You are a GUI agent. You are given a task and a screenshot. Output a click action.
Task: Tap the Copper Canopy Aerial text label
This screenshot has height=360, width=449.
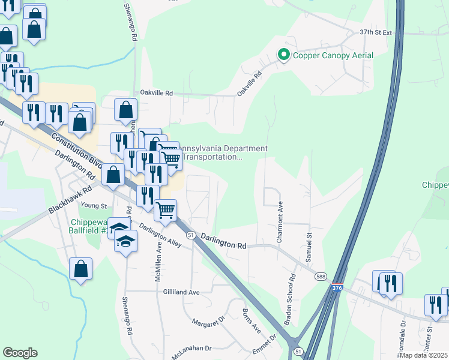tap(333, 55)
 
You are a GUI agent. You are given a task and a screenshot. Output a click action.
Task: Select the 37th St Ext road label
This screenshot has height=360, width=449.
tap(375, 32)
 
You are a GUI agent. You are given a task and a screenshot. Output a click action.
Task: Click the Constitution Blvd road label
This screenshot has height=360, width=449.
tap(76, 149)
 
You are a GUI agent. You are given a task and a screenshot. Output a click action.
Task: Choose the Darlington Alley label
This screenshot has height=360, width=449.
tap(160, 236)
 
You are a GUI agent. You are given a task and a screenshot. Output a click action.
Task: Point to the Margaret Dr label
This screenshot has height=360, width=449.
tap(208, 323)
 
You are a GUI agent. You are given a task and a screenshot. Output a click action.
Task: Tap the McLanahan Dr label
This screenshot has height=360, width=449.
tap(192, 348)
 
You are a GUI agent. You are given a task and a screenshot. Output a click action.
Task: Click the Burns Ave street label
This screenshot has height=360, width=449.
tap(252, 321)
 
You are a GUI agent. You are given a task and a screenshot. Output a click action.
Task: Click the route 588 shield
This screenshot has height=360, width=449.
tap(319, 275)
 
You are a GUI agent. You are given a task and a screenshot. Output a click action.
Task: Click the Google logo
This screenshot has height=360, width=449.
tap(20, 353)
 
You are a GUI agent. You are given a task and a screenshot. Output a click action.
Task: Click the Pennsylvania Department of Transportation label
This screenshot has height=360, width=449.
tap(223, 153)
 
